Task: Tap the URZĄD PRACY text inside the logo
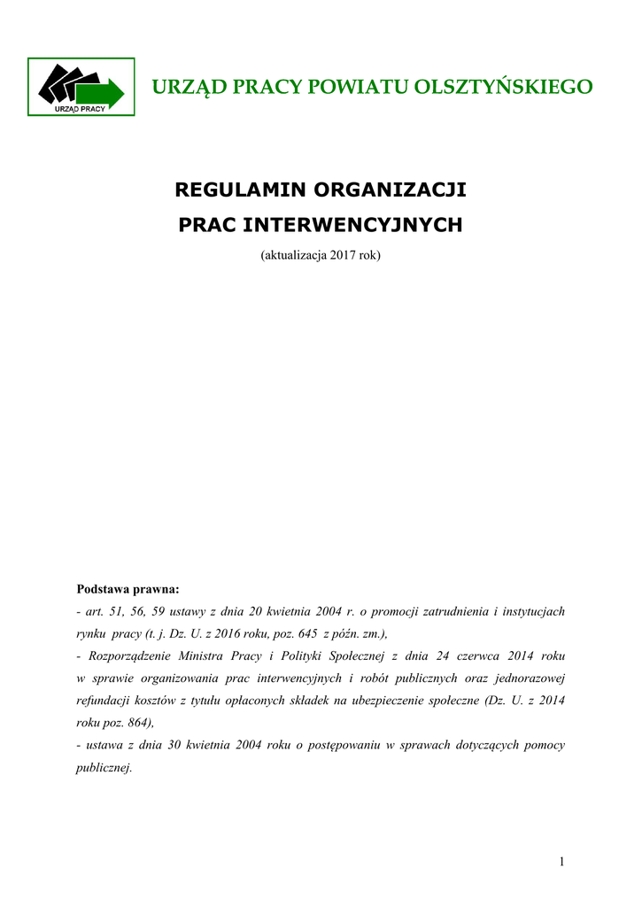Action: click(81, 109)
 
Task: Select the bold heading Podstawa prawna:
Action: click(128, 588)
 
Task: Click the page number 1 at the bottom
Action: click(561, 862)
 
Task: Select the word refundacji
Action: click(105, 701)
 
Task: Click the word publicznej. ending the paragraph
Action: click(104, 768)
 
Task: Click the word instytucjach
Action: click(532, 611)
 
